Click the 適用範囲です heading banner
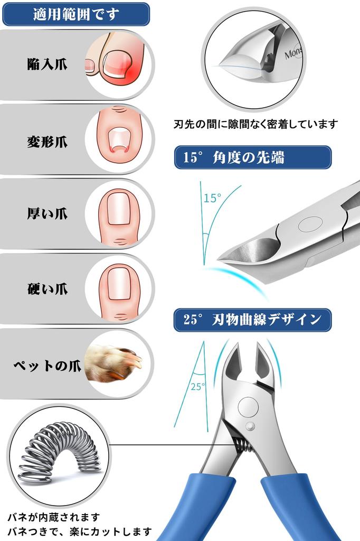[75, 14]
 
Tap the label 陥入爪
[48, 64]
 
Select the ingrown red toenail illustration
[119, 63]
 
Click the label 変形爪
[48, 142]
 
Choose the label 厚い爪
[48, 214]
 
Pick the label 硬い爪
[48, 289]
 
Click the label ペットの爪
[48, 365]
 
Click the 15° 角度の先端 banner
[252, 157]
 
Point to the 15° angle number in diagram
[212, 199]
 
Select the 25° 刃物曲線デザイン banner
[252, 320]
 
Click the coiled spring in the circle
[58, 452]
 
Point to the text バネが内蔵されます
[53, 517]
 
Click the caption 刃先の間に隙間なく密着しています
[255, 125]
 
